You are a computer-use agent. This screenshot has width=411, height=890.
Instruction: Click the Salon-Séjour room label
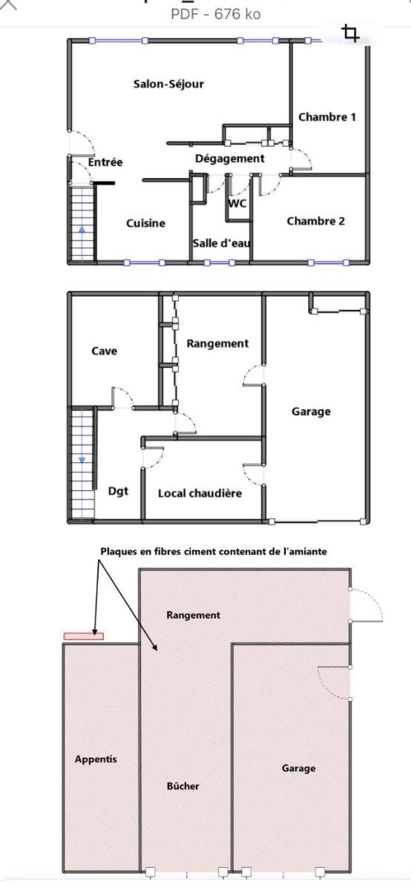point(168,84)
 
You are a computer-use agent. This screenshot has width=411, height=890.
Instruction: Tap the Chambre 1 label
point(326,117)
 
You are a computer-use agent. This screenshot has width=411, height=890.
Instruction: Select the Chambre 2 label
point(315,221)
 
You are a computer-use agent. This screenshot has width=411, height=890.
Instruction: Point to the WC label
point(237,203)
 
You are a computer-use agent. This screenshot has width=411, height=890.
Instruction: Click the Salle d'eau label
point(221,243)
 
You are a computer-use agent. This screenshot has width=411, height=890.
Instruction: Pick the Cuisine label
point(145,223)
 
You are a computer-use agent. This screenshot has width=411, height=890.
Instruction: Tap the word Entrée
point(105,162)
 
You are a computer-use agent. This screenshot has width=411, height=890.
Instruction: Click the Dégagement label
point(230,159)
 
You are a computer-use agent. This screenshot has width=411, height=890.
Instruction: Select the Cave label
point(104,351)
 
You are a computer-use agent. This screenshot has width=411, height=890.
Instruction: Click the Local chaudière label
point(200,493)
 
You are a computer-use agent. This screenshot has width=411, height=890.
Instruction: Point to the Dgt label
point(118,492)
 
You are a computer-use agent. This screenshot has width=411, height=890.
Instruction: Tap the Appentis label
point(96,759)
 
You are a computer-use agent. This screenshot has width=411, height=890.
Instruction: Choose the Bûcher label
point(183,786)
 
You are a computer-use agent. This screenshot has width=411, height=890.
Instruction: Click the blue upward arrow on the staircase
point(82,231)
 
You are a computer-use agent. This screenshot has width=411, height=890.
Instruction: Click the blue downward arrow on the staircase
point(82,459)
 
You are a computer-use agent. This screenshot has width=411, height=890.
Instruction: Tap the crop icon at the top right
point(350,33)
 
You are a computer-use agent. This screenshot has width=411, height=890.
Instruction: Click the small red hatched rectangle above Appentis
point(84,636)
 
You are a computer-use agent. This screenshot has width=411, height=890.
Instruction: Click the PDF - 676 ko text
point(216,14)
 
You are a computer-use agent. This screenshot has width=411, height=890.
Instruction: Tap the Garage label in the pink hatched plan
point(298,768)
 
